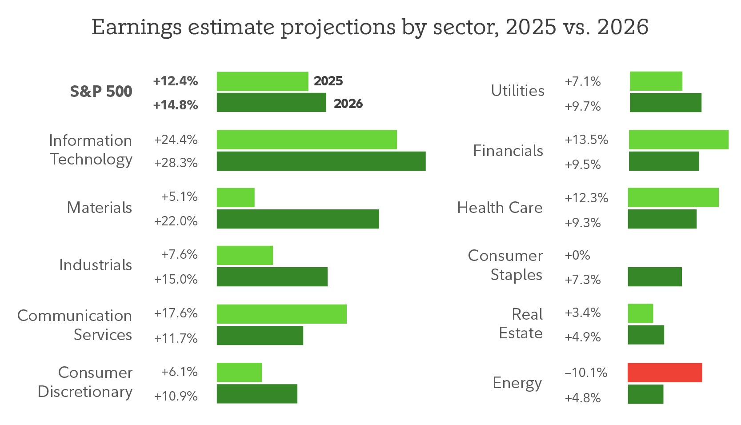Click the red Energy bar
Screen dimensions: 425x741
coord(665,373)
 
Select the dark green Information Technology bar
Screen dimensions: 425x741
coord(321,161)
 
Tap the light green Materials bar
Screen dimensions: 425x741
coord(236,197)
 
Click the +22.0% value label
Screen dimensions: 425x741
coord(176,221)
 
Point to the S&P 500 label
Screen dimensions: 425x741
coord(101,92)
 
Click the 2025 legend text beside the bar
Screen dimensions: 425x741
coord(328,81)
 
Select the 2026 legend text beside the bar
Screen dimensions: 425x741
coord(348,104)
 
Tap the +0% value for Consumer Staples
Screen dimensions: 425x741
coord(577,256)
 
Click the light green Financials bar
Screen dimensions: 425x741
coord(678,140)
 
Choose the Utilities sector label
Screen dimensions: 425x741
coord(517,91)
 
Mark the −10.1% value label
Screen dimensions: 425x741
coord(586,373)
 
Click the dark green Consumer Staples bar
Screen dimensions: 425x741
coord(654,277)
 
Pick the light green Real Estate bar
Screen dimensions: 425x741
coord(640,313)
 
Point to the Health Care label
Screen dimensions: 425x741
coord(500,208)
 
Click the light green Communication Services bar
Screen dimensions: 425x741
coord(281,314)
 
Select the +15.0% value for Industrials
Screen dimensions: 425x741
coord(176,279)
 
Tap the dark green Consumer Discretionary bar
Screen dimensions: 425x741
coord(257,394)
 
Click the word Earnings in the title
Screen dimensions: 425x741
coord(136,27)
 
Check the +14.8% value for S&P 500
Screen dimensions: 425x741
coord(176,105)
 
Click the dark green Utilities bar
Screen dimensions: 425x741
coord(665,103)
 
